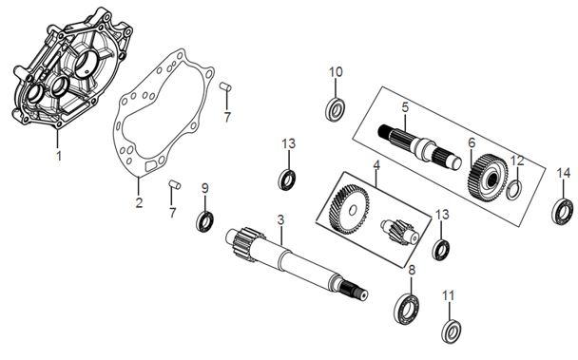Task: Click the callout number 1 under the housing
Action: tap(59, 156)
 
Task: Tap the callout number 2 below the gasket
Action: tap(139, 202)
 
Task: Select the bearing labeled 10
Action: tap(336, 109)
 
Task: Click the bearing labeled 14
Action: tap(563, 212)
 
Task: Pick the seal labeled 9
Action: tap(204, 221)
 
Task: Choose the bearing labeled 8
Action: tap(406, 304)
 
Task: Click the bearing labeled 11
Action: tap(452, 332)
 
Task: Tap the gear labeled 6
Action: tap(488, 179)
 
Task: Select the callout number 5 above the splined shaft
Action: tap(405, 107)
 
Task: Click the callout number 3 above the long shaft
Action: tap(280, 220)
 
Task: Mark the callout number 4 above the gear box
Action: tap(376, 164)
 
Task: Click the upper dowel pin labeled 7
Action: tap(225, 86)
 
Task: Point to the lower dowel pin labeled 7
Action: tap(175, 184)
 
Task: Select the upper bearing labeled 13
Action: tap(286, 180)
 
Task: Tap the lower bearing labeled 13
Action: tap(441, 250)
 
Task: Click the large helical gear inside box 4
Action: tap(349, 209)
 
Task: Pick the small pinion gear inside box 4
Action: tap(400, 232)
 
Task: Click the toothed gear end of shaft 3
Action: tap(245, 244)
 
